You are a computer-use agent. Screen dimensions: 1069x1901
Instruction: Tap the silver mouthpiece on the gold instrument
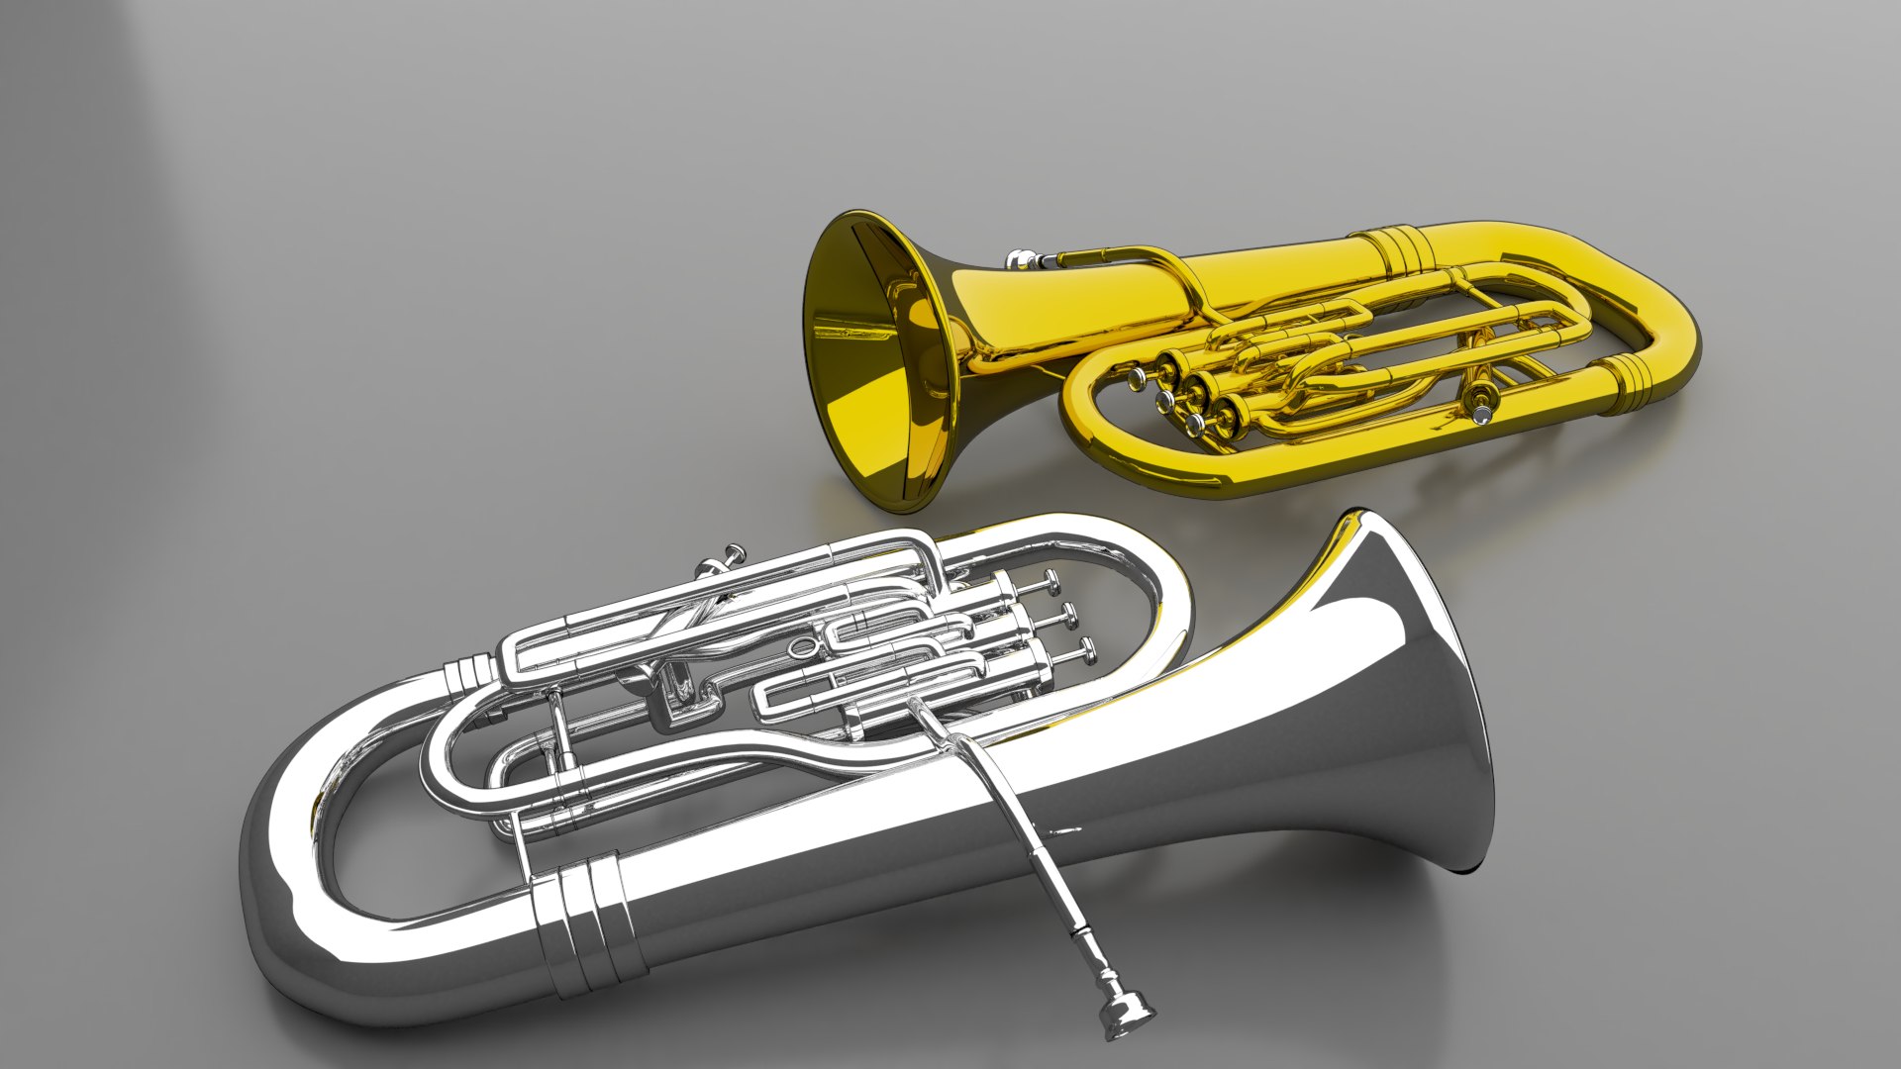click(x=1020, y=259)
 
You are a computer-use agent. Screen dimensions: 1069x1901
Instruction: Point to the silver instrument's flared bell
click(x=1406, y=693)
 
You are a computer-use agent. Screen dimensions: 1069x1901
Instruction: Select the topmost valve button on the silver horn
click(x=1050, y=585)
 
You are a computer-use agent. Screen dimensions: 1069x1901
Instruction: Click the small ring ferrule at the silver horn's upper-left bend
click(x=465, y=676)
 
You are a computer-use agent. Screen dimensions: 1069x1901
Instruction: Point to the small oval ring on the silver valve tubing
click(x=801, y=648)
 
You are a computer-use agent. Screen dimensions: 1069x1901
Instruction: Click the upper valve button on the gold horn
click(x=1135, y=379)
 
